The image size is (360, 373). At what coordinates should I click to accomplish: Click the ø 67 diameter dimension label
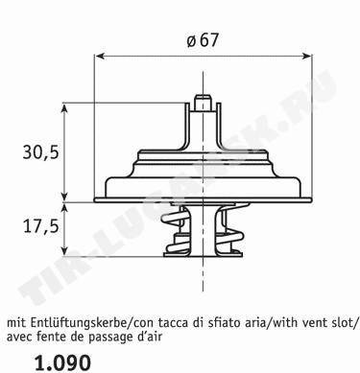(x=203, y=41)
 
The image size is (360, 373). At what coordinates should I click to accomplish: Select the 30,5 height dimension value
(x=41, y=152)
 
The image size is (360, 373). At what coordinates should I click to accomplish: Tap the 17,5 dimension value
(x=41, y=226)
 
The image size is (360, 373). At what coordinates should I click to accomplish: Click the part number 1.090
(x=62, y=362)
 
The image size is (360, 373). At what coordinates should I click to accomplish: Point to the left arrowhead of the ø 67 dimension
(x=100, y=57)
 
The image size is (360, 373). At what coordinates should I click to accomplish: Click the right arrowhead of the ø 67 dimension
(x=306, y=57)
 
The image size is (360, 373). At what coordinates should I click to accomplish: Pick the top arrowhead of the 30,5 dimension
(x=65, y=108)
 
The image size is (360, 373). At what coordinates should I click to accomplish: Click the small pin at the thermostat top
(x=203, y=103)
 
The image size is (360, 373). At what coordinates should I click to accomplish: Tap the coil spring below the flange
(x=203, y=229)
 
